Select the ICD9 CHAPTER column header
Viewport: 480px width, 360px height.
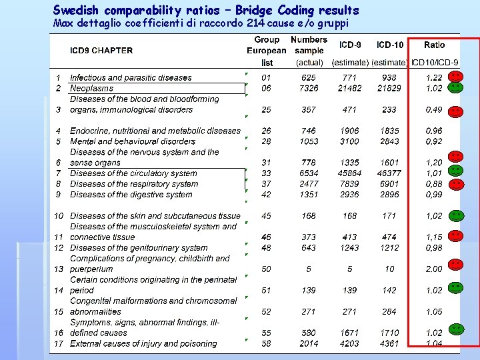101,50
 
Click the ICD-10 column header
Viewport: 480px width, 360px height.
389,45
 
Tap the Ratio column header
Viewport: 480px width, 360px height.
435,45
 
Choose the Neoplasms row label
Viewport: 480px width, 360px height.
91,88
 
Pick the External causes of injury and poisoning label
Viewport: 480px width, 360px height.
143,344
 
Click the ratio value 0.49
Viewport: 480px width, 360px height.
434,109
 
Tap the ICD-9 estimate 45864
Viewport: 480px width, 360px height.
349,173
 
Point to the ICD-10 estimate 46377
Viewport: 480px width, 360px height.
389,173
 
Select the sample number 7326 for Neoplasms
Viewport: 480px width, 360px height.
309,88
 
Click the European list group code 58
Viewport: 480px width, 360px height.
267,344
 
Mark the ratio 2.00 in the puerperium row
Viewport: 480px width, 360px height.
434,269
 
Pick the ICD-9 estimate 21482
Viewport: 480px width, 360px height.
349,88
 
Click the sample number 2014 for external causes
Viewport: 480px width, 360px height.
309,344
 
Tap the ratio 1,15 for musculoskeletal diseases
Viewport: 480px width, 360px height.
434,237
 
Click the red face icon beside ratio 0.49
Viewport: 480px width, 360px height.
455,111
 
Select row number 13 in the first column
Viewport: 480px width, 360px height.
59,269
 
